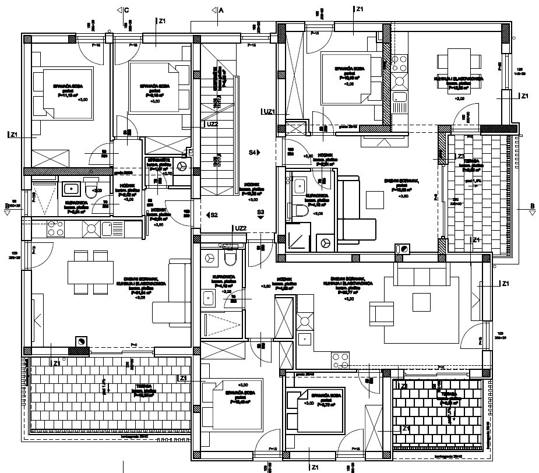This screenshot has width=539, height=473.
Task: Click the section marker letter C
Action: click(x=126, y=10)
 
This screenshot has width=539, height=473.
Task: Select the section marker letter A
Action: click(x=221, y=10)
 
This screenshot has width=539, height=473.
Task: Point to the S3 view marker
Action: click(x=260, y=213)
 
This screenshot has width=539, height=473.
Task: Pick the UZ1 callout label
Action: click(x=269, y=111)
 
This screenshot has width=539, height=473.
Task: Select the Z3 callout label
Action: click(x=460, y=156)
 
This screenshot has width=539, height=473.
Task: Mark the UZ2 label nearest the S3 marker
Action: click(x=241, y=228)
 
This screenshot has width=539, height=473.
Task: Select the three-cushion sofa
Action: click(x=421, y=273)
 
